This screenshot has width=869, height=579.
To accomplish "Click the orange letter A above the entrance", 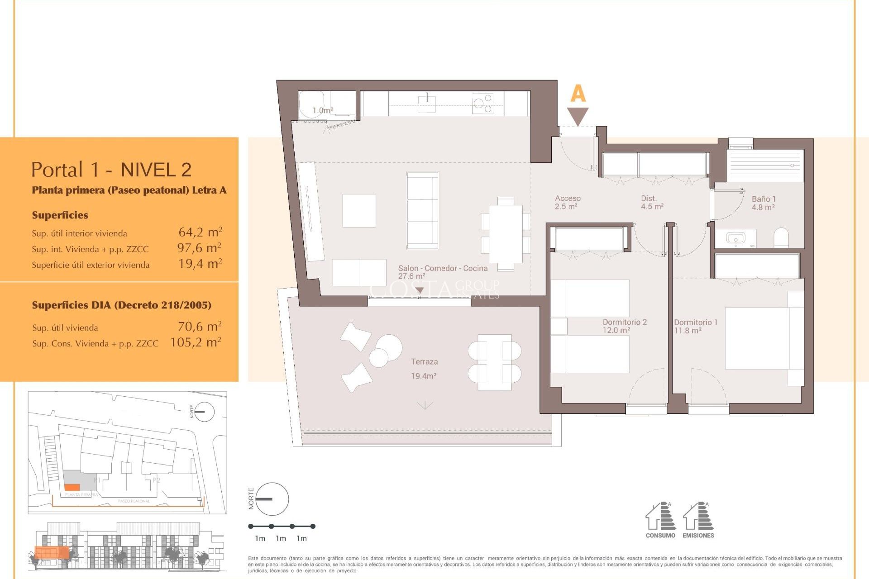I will (x=578, y=94).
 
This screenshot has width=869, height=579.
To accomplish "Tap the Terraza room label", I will (x=424, y=362).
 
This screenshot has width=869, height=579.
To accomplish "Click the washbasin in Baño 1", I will (x=735, y=238).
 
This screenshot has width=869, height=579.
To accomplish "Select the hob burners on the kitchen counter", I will (x=482, y=104).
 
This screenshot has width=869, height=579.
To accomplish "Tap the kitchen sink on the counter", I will (x=426, y=104).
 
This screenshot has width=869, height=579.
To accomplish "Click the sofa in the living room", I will (x=422, y=210).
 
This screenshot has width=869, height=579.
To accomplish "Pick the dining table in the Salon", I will (x=506, y=234).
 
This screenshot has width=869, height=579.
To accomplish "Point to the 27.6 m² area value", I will (x=411, y=276).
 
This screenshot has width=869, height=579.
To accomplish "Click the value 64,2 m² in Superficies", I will (x=200, y=233).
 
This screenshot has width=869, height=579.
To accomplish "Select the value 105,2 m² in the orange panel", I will (x=196, y=342).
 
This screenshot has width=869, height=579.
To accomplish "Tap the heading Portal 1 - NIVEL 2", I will (x=111, y=170).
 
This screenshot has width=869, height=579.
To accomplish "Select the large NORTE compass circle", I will (x=272, y=499).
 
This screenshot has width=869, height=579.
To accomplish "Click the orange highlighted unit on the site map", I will (x=72, y=487).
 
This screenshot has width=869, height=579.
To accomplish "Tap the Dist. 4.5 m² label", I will (x=652, y=202).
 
